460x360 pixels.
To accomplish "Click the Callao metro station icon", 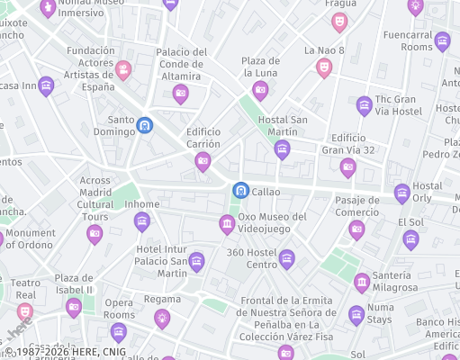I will click(240, 191).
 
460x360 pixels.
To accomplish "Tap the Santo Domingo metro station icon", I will click(145, 126).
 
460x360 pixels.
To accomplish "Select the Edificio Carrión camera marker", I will click(203, 162).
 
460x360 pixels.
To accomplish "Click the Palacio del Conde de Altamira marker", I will click(181, 93).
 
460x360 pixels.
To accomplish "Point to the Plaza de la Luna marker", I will click(260, 89).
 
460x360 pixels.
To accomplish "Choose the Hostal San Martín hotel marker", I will click(282, 148).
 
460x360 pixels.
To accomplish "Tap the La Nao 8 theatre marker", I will click(324, 67).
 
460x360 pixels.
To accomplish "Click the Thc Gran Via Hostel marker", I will click(364, 105).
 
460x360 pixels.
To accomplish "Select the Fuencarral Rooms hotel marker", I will click(442, 40).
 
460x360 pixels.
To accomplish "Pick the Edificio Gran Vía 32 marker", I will click(347, 166).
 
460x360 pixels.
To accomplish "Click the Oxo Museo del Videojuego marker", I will click(227, 224).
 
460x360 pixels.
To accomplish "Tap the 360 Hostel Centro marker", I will click(286, 260).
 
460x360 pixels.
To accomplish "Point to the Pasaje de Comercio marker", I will click(356, 229).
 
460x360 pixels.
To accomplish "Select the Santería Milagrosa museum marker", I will click(362, 283).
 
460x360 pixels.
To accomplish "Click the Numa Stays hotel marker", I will click(356, 315).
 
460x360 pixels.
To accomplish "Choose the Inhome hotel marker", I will click(141, 220).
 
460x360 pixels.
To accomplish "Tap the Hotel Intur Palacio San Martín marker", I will click(196, 262).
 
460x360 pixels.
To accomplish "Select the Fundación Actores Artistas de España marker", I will click(123, 69).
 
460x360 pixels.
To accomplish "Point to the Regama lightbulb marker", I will click(162, 316).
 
